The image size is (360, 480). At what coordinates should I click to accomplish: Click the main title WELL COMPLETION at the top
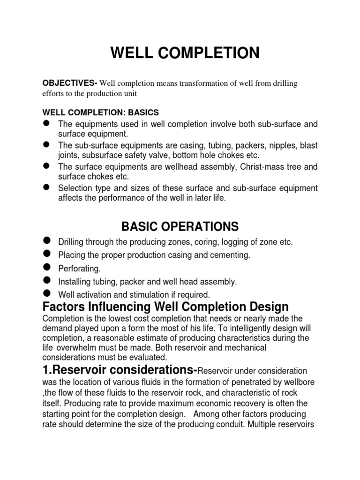185,53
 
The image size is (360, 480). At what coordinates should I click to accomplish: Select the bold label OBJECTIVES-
69,83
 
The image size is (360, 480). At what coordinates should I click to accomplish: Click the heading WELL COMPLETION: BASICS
101,112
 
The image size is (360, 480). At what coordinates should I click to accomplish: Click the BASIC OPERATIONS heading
180,227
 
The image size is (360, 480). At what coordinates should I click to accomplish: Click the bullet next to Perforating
46,268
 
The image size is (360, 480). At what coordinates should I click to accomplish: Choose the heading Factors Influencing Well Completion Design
165,307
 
